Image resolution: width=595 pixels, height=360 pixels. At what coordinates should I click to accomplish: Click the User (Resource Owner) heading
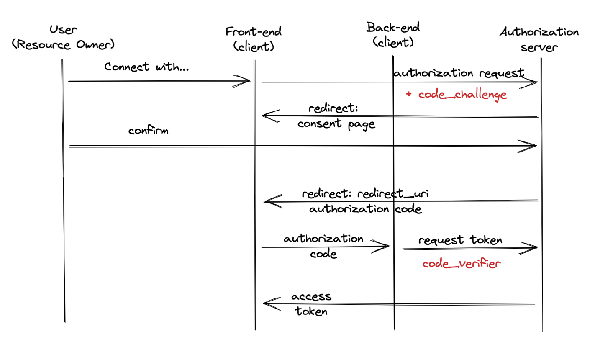(x=63, y=37)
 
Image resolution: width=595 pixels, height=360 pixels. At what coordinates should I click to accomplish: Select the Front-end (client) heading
(x=254, y=39)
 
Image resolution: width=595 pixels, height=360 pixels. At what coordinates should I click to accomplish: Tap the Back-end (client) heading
(x=393, y=35)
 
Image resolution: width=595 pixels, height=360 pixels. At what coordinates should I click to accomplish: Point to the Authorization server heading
(x=539, y=39)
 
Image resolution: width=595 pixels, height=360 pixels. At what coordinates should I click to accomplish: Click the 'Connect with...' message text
(x=146, y=67)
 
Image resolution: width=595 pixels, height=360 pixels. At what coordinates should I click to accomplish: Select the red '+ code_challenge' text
(x=457, y=95)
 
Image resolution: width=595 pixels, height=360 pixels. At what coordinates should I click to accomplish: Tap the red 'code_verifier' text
(x=461, y=264)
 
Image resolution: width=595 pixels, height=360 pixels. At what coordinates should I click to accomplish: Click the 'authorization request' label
(x=459, y=73)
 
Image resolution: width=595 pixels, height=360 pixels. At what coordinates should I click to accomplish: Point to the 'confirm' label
(x=148, y=130)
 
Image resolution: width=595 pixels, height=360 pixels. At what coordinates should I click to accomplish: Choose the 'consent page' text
(x=336, y=124)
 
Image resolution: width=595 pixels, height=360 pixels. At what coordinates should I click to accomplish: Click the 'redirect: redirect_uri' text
(x=365, y=195)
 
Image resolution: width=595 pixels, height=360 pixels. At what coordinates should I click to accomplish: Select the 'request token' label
(x=460, y=240)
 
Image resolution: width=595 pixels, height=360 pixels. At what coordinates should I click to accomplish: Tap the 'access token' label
(x=311, y=304)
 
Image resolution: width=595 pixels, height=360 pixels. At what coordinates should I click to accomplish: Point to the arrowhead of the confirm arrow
(x=530, y=146)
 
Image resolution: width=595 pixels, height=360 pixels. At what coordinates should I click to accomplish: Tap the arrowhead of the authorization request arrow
(x=531, y=82)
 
